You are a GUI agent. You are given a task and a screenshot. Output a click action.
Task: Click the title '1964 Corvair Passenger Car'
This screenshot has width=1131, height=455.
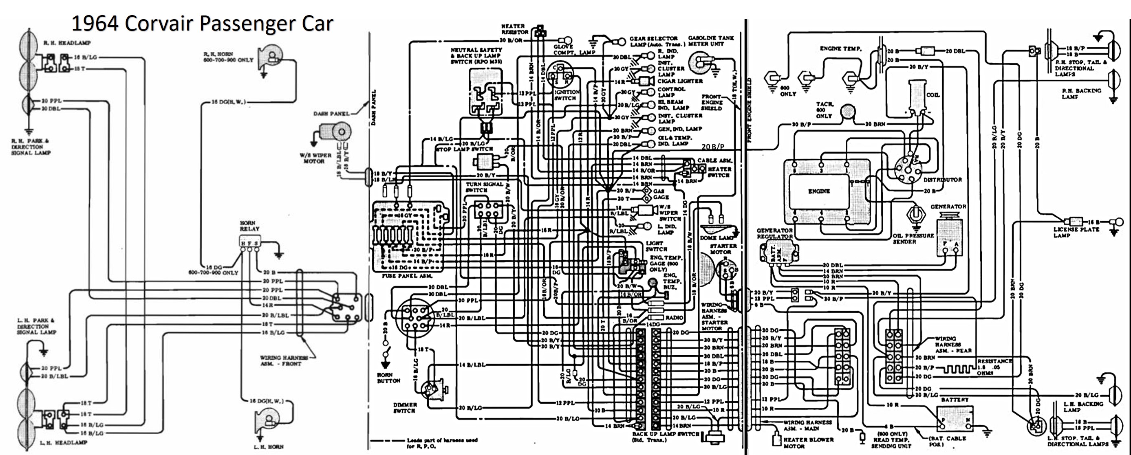tap(203, 23)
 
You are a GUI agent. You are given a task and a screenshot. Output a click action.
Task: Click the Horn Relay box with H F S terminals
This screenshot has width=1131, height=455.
tap(249, 242)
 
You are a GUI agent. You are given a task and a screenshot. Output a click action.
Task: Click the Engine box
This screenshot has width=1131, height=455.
tap(819, 191)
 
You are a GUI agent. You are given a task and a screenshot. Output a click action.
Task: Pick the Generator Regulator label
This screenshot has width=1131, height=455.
tap(774, 233)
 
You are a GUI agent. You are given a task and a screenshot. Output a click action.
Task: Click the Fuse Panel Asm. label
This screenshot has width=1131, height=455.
tap(407, 276)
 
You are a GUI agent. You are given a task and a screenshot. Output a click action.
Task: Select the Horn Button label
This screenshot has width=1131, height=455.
tap(388, 378)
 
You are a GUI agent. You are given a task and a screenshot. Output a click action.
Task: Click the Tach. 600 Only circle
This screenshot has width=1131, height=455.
tap(848, 112)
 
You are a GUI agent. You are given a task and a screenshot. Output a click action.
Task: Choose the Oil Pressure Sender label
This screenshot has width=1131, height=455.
tap(913, 239)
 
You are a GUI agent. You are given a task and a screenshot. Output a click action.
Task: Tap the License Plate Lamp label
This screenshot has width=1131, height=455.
tap(1076, 233)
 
